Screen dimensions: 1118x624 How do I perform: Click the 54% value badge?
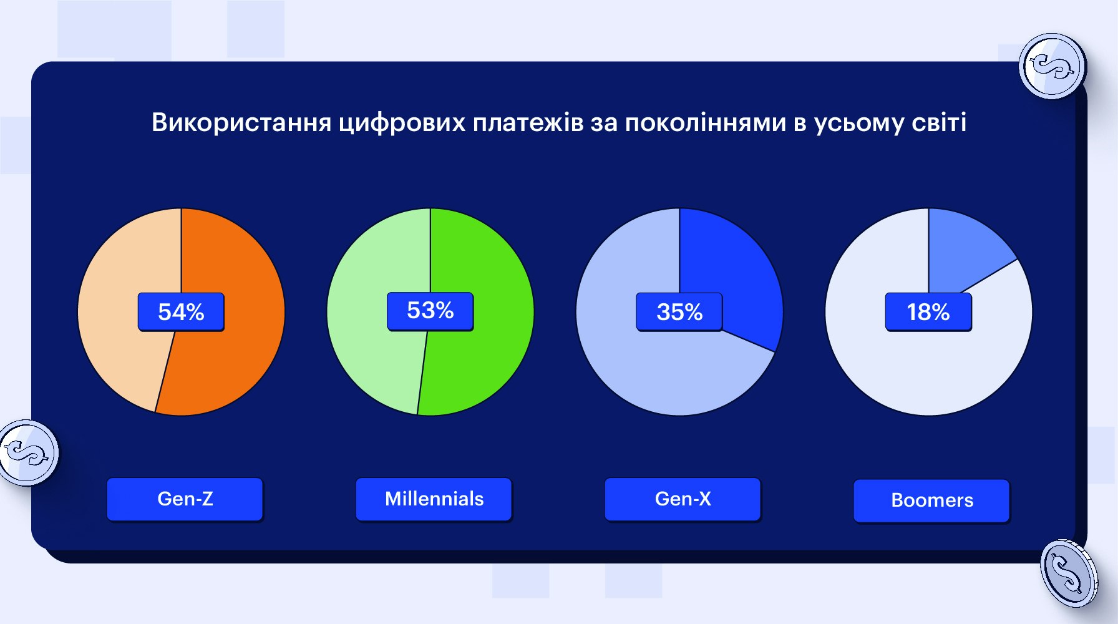[x=181, y=312]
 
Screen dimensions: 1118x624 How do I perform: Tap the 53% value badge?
[x=430, y=311]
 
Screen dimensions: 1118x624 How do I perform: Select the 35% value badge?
[x=679, y=312]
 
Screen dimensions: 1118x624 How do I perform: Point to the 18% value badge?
[x=928, y=312]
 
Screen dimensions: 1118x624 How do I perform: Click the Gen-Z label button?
[x=185, y=499]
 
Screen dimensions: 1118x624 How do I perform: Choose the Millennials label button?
[x=434, y=499]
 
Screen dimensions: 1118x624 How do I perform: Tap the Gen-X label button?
[x=683, y=499]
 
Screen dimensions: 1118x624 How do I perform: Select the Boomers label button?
[x=932, y=500]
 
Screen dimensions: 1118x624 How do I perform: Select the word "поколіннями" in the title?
[x=705, y=122]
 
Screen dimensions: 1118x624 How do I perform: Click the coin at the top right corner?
[x=1052, y=66]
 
